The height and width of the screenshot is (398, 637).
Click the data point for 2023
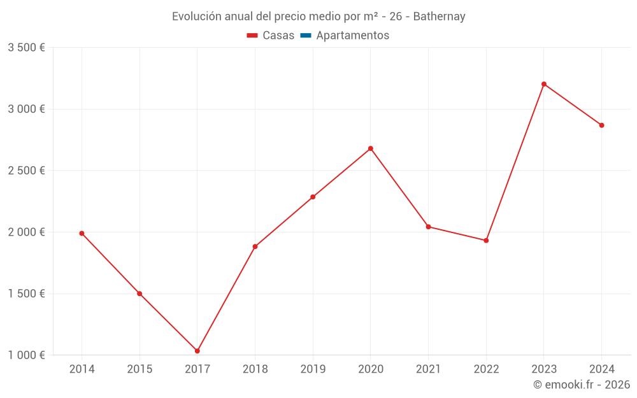tap(544, 84)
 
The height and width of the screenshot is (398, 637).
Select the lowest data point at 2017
tap(197, 351)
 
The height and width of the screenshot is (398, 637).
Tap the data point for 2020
tap(371, 148)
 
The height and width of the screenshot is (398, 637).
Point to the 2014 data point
tap(82, 233)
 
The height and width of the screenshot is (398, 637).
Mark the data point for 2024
tap(601, 125)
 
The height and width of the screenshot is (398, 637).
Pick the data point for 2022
tap(486, 240)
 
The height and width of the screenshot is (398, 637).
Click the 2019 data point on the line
tap(313, 197)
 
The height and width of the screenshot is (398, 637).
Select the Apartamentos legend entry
tap(352, 36)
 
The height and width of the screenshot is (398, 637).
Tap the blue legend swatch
tap(305, 36)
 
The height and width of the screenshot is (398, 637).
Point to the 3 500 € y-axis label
tap(26, 48)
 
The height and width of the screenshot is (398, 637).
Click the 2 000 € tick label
tap(26, 232)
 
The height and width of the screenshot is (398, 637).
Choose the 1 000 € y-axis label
tap(26, 355)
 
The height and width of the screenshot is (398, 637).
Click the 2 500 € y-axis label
tap(26, 171)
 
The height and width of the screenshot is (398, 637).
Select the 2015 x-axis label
tap(140, 369)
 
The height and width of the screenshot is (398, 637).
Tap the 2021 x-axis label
tap(428, 369)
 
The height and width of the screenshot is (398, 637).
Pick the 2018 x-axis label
tap(255, 369)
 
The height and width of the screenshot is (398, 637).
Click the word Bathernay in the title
tap(439, 17)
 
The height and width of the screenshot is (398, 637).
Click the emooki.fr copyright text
tap(582, 385)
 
